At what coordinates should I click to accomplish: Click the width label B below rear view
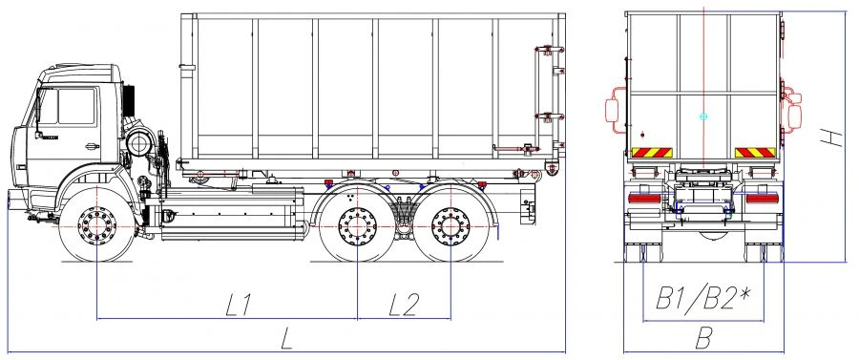click(x=704, y=336)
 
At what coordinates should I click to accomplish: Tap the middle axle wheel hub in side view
click(x=356, y=227)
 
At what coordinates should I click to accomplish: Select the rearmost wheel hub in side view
click(x=450, y=227)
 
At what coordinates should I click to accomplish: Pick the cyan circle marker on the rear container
click(x=703, y=116)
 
